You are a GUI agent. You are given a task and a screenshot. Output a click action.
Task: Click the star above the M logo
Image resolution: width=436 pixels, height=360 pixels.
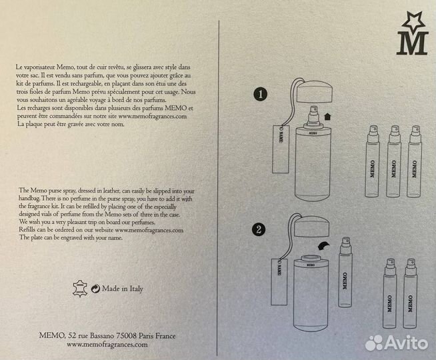tap(413, 22)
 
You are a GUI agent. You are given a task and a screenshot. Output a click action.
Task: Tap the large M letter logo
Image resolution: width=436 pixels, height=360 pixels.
tap(413, 43)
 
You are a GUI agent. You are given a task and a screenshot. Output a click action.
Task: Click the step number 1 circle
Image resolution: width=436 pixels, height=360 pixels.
tap(260, 94)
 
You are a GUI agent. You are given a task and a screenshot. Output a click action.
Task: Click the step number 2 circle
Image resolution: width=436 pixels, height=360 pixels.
tap(259, 230)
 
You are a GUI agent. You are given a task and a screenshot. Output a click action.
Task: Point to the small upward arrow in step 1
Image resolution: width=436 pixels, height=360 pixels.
tap(327, 116)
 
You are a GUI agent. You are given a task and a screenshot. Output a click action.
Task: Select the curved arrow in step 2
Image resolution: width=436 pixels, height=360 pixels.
tap(324, 246)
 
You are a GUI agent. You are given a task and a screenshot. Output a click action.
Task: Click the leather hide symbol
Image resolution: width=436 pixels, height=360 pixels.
tap(80, 289)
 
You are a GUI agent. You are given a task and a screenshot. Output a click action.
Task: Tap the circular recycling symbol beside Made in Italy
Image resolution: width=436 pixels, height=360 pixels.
tap(95, 289)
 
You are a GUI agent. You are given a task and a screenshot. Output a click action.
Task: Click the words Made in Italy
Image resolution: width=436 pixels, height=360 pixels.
tap(123, 289)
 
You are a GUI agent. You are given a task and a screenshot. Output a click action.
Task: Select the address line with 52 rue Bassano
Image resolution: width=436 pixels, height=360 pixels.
tap(107, 336)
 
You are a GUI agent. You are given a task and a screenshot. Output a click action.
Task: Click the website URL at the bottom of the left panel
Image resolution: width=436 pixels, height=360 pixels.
tap(107, 345)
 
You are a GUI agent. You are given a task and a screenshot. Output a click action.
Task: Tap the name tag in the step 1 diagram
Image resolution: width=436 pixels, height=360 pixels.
tap(281, 149)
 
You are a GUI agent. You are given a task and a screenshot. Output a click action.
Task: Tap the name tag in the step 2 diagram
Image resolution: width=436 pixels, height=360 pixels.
tap(279, 281)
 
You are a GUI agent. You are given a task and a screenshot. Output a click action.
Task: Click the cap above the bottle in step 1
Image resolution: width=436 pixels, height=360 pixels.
tap(314, 91)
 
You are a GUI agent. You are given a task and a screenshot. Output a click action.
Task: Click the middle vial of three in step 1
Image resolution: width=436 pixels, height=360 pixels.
tap(393, 161)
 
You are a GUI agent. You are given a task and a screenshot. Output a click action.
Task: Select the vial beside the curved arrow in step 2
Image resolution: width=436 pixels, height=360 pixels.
tap(345, 272)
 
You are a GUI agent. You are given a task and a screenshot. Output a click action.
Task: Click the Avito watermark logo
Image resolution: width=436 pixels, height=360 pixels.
tap(397, 343)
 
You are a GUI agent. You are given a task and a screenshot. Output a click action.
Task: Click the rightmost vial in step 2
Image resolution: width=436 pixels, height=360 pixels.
tap(410, 293)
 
